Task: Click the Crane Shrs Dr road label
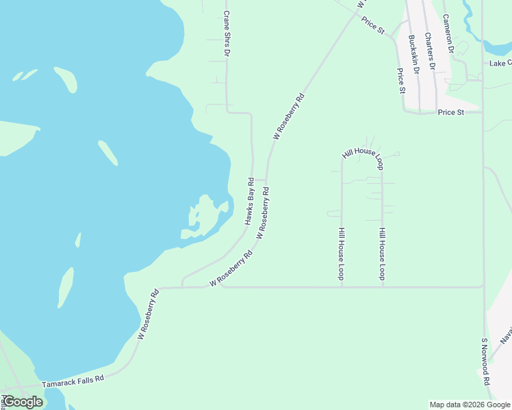pos(227,33)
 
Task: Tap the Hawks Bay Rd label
pos(249,202)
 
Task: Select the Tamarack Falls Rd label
pos(73,381)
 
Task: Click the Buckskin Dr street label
pos(413,54)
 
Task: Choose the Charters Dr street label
pos(431,51)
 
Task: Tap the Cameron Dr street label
pos(448,34)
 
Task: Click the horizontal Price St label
pos(451,111)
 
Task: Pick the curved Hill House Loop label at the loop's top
pos(363,155)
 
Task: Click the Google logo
pos(22,402)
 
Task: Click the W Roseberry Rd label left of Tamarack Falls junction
pos(148,314)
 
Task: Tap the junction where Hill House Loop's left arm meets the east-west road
pos(342,287)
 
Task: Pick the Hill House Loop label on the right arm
pos(382,254)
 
